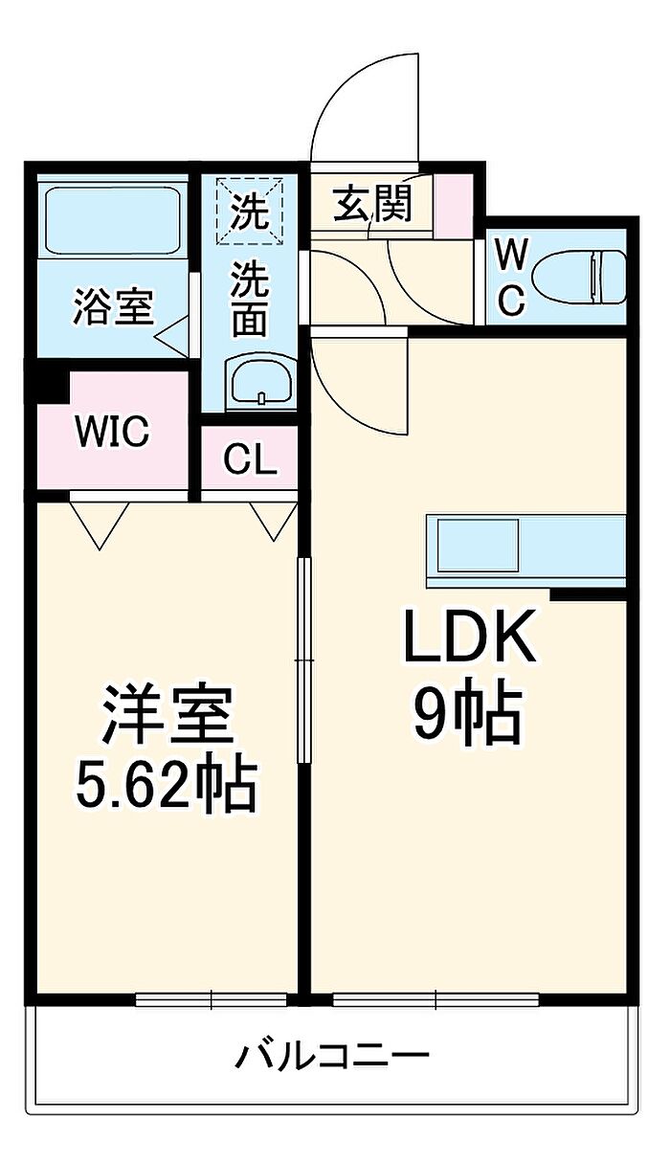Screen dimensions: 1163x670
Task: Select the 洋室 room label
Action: pos(168,713)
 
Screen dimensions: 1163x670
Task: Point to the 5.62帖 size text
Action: pos(167,786)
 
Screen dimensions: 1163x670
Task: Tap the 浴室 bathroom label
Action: pos(114,307)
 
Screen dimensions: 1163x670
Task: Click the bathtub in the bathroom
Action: pos(114,219)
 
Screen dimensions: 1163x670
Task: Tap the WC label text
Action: pos(511,278)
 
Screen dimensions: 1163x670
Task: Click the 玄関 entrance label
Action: pos(372,204)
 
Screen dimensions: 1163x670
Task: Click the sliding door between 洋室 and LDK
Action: pos(304,660)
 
